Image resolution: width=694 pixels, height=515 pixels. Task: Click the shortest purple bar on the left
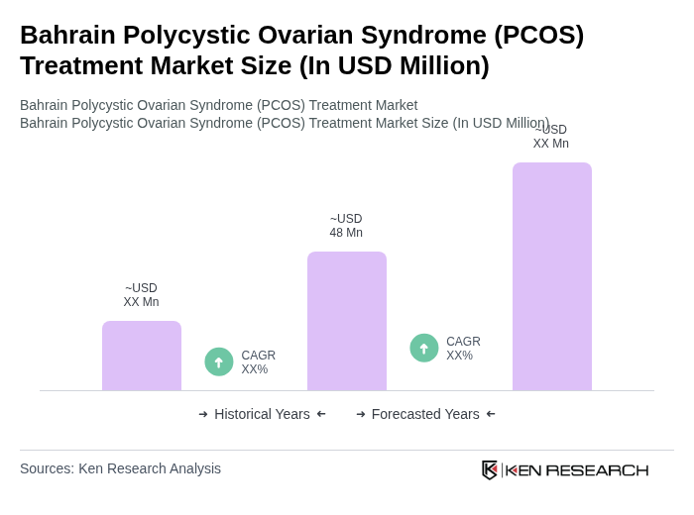pos(142,356)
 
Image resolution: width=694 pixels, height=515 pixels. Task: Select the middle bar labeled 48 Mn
pos(347,321)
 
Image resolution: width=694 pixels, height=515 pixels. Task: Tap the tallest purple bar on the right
pos(552,276)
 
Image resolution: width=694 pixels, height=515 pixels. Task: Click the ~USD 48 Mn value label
pos(346,226)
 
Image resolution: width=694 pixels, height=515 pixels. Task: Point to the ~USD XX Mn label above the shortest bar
pos(141,295)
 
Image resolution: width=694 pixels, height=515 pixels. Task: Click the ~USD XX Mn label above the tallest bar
pos(551,138)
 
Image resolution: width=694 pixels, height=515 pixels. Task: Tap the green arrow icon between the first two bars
pos(219,362)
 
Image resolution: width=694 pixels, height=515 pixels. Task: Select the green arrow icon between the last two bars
pos(424,349)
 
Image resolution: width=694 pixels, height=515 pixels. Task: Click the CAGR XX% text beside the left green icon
pos(259,362)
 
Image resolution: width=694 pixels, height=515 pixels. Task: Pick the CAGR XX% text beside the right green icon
pos(463,349)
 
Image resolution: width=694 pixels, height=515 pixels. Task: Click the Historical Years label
pos(262,414)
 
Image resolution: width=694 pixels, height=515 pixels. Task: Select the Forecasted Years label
pos(425,414)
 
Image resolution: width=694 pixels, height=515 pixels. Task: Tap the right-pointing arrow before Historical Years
pos(203,414)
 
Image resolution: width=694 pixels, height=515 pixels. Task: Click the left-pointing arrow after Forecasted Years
pos(491,414)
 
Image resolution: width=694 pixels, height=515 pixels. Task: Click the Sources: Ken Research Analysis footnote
pos(120,468)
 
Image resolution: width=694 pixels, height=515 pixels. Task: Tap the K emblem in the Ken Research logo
pos(490,469)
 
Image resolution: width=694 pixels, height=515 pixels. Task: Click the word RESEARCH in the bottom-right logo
pos(597,470)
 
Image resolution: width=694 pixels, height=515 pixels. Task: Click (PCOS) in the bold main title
pos(540,35)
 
